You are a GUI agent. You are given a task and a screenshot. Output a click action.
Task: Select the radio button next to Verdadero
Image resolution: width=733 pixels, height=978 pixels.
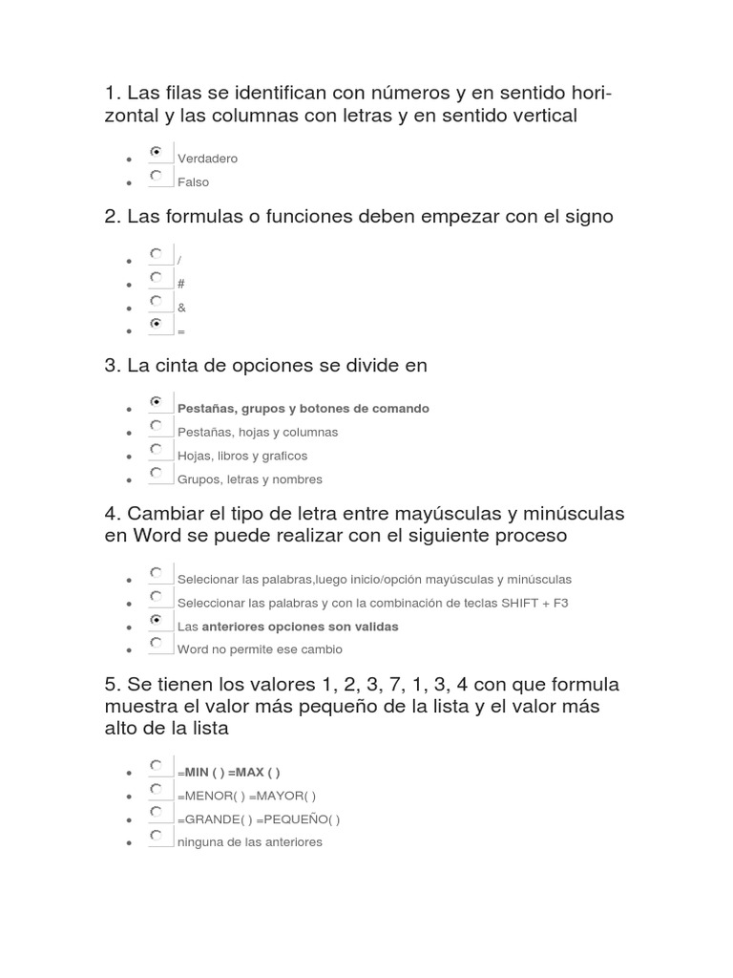[156, 152]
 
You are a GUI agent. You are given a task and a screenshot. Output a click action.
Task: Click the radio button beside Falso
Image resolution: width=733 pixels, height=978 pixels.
[156, 176]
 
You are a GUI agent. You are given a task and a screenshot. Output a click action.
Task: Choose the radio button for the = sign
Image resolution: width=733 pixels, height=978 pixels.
[156, 325]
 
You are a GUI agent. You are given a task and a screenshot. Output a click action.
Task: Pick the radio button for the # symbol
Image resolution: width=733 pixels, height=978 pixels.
[156, 277]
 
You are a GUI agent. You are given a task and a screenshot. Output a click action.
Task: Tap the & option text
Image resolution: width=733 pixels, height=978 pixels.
[181, 308]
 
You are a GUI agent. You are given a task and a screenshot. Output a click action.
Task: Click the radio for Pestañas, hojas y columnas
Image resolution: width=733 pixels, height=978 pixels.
[156, 425]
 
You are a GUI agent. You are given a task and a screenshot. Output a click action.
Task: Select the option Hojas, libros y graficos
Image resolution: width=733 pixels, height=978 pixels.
[242, 456]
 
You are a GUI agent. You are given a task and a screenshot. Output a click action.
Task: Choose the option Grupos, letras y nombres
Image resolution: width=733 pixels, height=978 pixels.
[250, 479]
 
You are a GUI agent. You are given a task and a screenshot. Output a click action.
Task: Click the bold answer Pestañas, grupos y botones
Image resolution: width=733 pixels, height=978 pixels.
[304, 408]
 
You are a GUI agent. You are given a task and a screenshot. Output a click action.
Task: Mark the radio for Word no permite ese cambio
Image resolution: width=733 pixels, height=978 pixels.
[156, 643]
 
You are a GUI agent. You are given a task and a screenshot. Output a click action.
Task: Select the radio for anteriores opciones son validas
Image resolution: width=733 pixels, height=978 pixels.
[156, 620]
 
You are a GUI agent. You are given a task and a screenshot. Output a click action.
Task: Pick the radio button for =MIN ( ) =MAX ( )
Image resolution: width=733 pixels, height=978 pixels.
[156, 765]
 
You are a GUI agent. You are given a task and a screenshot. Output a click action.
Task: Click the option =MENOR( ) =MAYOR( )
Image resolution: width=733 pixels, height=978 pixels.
[246, 796]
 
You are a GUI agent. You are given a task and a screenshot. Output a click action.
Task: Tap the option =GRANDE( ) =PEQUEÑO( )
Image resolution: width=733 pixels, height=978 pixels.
[259, 819]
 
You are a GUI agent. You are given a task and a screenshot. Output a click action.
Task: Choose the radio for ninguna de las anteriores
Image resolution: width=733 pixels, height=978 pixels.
[156, 836]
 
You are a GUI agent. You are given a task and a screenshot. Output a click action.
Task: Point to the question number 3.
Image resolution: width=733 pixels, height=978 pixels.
[110, 365]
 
